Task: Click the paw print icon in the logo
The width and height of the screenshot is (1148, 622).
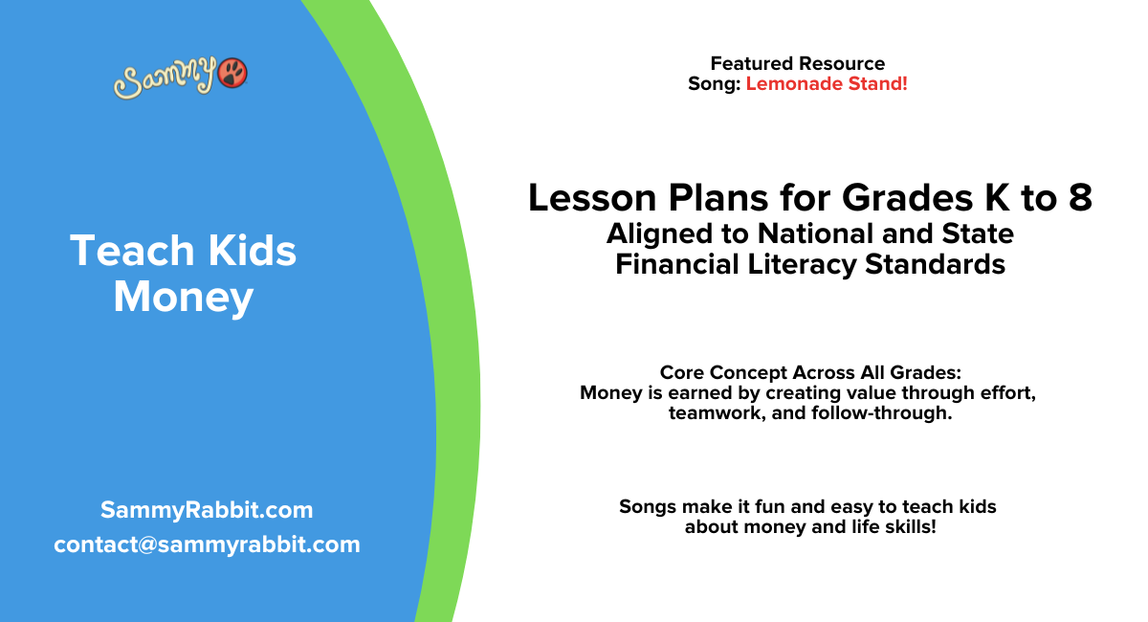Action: click(232, 73)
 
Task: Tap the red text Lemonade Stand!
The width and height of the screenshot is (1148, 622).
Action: click(827, 84)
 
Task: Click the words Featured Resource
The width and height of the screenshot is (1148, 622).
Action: click(797, 64)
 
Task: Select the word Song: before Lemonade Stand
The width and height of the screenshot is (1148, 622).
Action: click(715, 84)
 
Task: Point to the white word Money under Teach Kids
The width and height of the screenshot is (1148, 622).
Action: click(183, 297)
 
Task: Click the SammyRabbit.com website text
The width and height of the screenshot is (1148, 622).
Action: click(207, 510)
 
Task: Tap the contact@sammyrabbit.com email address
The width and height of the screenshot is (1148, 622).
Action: click(207, 544)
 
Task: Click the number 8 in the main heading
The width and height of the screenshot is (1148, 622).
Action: click(1078, 198)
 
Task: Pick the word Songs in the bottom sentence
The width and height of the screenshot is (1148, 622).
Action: click(651, 507)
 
